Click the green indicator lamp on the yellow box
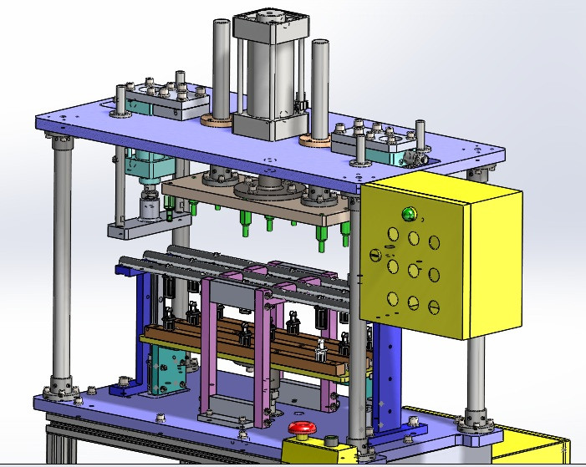click(409, 214)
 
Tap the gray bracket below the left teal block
click(146, 225)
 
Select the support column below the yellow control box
click(476, 376)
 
